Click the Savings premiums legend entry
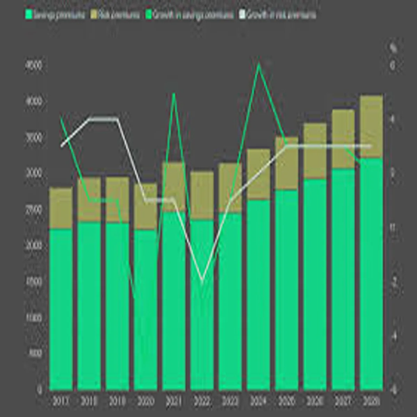[56, 15]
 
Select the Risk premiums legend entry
[115, 15]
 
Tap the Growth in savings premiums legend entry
[190, 15]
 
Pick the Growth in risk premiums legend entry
[278, 15]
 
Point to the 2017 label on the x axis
[61, 402]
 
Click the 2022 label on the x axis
[202, 402]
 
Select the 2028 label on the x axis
[371, 402]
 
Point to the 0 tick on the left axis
[40, 390]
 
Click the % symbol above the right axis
[393, 49]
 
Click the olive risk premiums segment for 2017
[61, 208]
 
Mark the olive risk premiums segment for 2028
[371, 127]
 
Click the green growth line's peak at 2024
[259, 65]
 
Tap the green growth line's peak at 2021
[174, 94]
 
